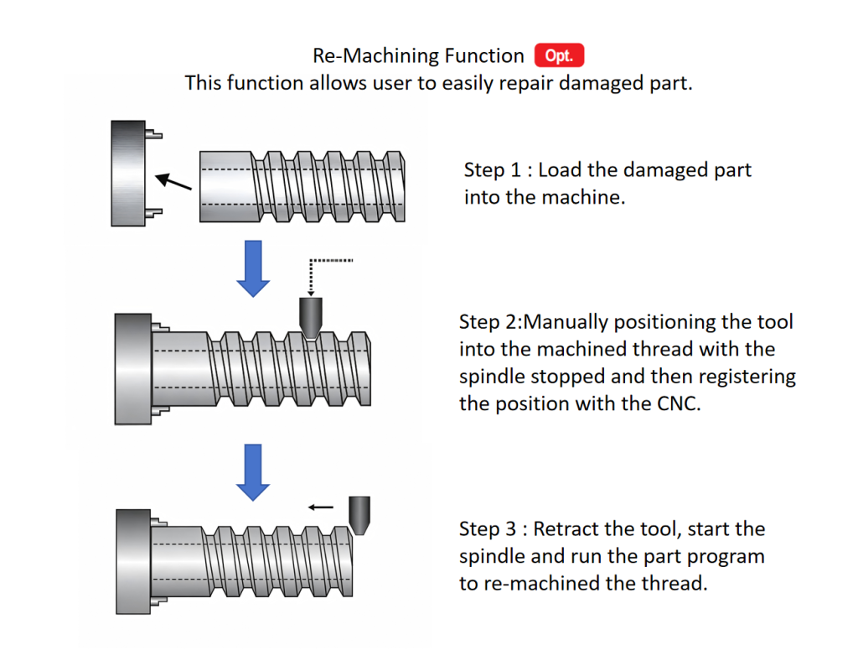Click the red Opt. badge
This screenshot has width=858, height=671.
[x=559, y=55]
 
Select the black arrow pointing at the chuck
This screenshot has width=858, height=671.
[x=173, y=181]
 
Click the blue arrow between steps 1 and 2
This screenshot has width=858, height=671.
[x=253, y=268]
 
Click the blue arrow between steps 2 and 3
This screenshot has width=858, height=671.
[x=253, y=472]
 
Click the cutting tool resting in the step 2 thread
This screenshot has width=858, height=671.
[x=311, y=318]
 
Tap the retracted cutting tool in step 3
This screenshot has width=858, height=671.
[x=359, y=516]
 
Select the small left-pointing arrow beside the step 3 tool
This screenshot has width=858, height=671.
[x=321, y=507]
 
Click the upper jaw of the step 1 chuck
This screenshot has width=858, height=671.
[x=154, y=133]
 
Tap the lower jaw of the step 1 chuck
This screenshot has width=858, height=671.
[x=154, y=212]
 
